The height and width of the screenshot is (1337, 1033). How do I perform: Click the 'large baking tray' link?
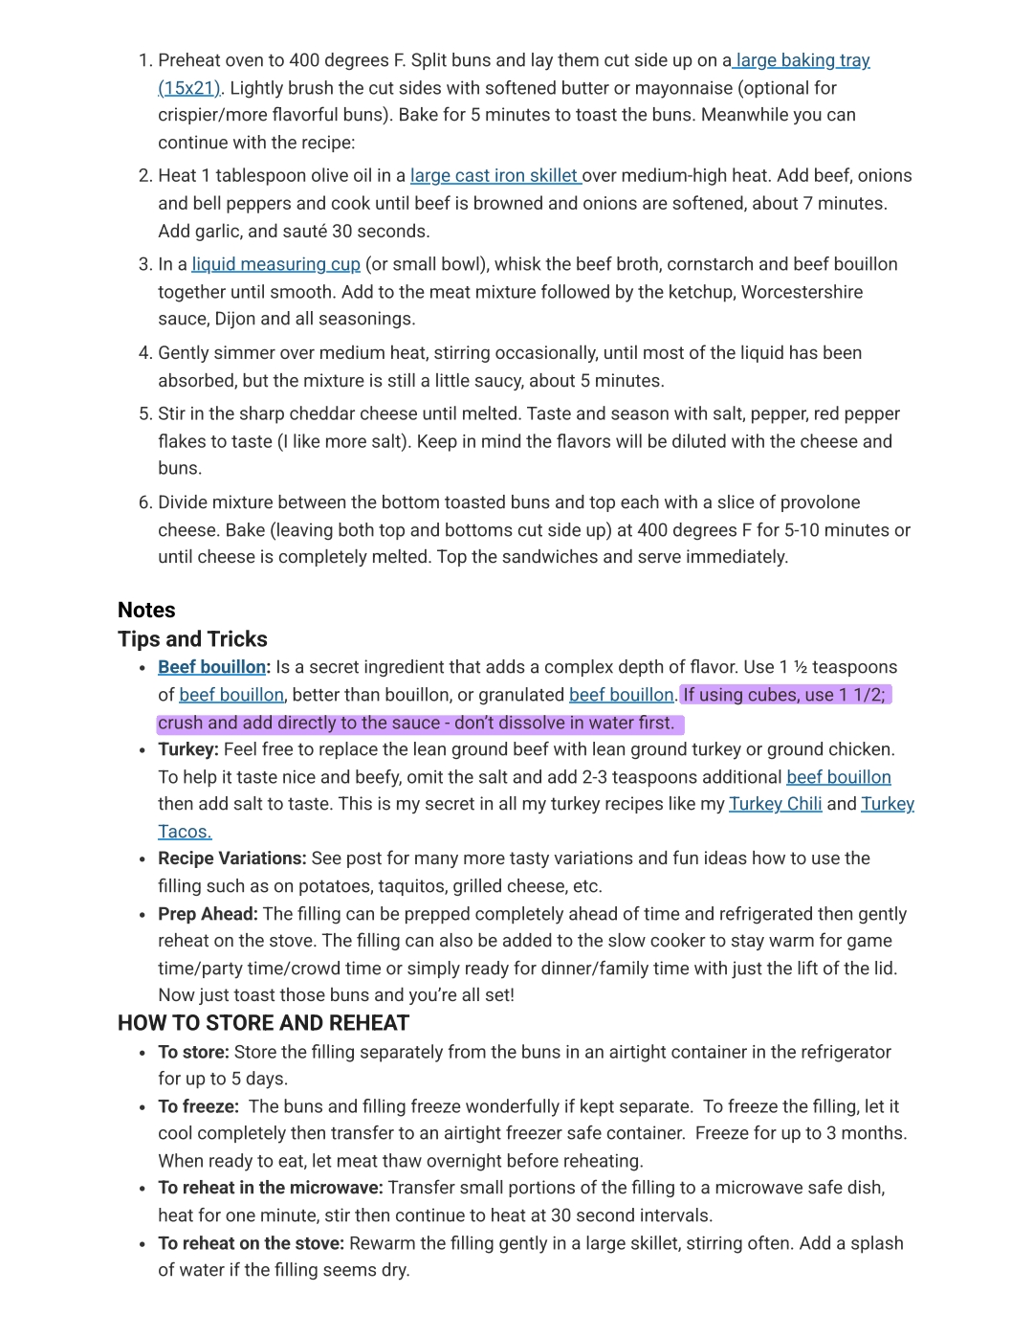coord(802,60)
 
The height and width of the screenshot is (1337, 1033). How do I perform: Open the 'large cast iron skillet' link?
coord(494,175)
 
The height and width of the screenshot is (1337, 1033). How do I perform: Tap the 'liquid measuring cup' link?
coord(275,264)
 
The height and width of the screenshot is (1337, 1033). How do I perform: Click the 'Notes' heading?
coord(146,611)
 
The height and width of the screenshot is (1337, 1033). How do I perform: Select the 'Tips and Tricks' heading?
coord(192,639)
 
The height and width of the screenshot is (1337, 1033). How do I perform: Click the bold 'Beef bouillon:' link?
coord(213,667)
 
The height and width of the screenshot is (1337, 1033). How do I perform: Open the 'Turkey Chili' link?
coord(775,804)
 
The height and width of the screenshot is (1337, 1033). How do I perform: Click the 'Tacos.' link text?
coord(185,832)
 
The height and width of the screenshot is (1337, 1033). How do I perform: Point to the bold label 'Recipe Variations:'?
coord(232,858)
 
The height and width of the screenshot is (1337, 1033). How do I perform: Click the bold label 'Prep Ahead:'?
coord(208,914)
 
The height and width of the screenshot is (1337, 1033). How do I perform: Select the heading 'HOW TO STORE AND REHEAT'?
coord(263,1023)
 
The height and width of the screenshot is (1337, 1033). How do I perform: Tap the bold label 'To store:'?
coord(193,1052)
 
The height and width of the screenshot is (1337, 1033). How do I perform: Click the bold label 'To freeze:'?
coord(198,1106)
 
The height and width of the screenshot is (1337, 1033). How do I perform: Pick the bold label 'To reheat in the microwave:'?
coord(271,1188)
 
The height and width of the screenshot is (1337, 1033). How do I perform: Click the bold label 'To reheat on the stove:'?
coord(251,1243)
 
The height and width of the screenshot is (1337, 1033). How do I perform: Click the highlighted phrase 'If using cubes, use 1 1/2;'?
coord(784,695)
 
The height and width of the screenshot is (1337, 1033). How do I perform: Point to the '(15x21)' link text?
coord(189,88)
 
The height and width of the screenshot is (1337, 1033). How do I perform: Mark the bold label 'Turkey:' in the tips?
coord(188,749)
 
